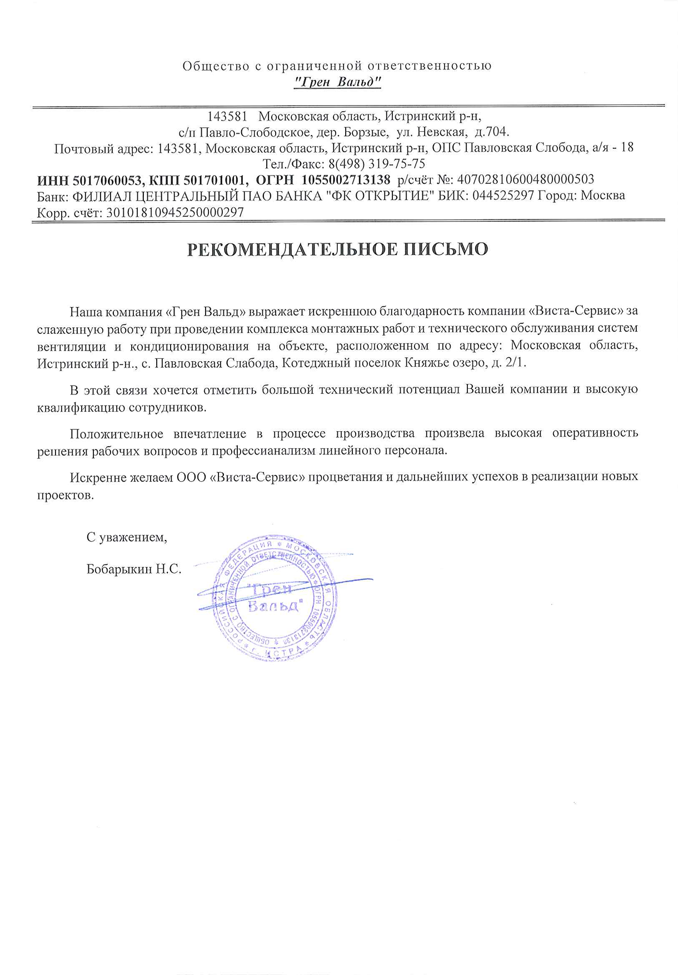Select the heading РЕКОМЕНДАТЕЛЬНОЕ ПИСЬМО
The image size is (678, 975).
pyautogui.click(x=337, y=249)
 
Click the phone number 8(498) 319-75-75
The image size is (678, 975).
pyautogui.click(x=377, y=164)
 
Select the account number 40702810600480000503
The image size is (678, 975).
pyautogui.click(x=525, y=180)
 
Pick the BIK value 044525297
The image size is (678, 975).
pyautogui.click(x=503, y=196)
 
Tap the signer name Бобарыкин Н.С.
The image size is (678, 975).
pyautogui.click(x=134, y=569)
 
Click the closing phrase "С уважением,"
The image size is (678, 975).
pyautogui.click(x=127, y=537)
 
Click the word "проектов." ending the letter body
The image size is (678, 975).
pyautogui.click(x=66, y=494)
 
